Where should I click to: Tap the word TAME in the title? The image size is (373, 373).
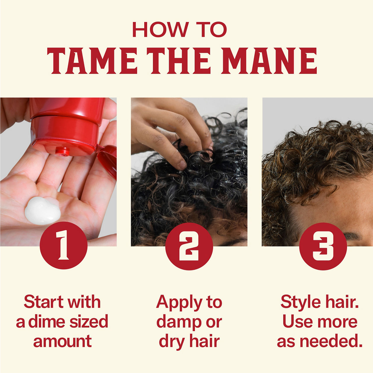point(92,61)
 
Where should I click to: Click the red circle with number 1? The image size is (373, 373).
point(64,245)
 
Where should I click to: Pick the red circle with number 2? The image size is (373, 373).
point(189,246)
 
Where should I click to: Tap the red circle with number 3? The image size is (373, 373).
point(323,246)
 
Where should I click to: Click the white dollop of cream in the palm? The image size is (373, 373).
point(43,211)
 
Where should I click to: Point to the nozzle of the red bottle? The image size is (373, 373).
point(63,151)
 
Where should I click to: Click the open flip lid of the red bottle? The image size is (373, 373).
point(107,161)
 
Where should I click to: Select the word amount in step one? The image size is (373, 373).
point(62,341)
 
